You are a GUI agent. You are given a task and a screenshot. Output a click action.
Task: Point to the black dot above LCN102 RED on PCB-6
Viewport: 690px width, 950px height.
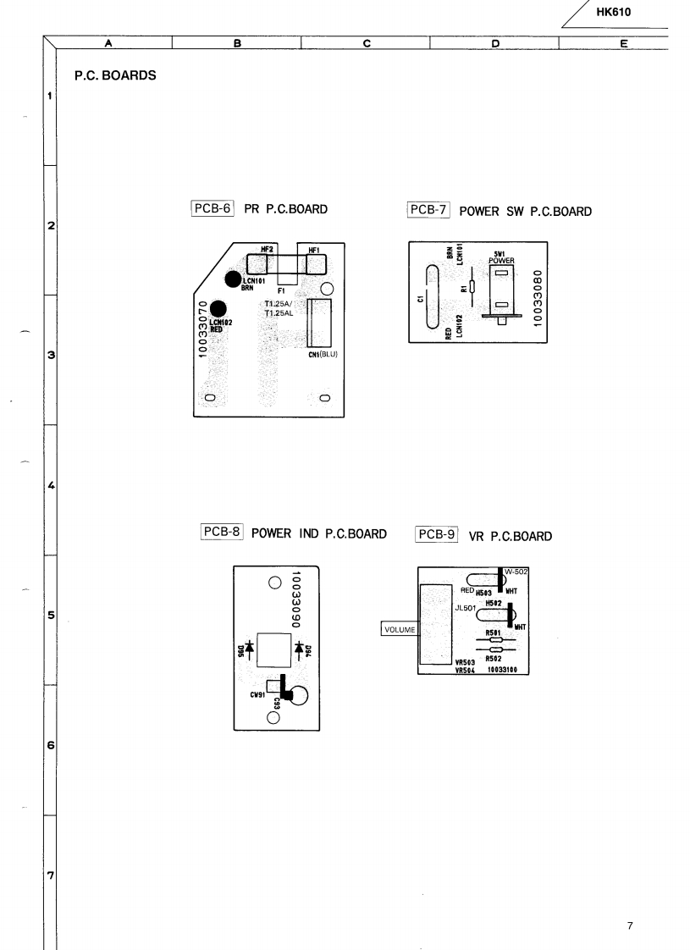[x=218, y=310]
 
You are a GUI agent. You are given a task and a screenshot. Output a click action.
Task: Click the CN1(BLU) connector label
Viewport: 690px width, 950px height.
[x=323, y=354]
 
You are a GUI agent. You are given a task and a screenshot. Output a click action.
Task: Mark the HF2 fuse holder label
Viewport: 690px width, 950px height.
[x=266, y=249]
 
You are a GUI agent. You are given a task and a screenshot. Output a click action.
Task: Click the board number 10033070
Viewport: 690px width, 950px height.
[x=203, y=328]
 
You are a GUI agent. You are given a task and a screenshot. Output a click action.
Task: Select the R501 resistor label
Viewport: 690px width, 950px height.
[x=494, y=632]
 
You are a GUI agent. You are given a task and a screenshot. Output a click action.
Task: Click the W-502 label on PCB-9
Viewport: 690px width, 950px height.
[x=516, y=572]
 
